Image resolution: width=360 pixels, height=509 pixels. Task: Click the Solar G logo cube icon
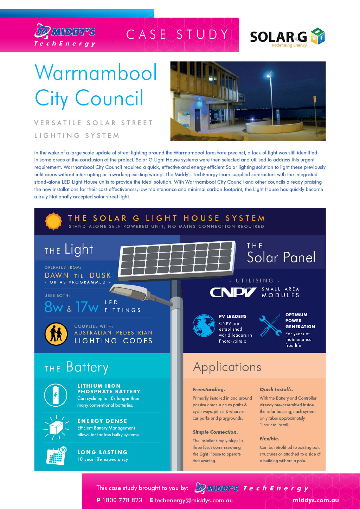[x=317, y=36]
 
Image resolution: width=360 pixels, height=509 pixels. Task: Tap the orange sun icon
[x=53, y=221]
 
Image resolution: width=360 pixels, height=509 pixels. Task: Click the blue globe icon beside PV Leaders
[x=204, y=325]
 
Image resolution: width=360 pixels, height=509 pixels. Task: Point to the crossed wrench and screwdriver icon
[x=270, y=325]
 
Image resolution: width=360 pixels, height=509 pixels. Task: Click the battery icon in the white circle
[x=56, y=395]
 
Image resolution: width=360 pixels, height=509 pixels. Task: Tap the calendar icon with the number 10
[x=56, y=456]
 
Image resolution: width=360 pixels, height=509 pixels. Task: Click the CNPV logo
[x=233, y=292]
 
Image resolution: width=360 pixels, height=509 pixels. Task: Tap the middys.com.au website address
[x=316, y=500]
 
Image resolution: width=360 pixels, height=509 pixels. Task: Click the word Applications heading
[x=227, y=367]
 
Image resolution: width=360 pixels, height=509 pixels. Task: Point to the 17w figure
[x=87, y=307]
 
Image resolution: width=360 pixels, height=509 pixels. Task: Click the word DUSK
[x=100, y=275]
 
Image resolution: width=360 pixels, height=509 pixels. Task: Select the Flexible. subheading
[x=269, y=439]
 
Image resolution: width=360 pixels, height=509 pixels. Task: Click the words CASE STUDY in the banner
[x=178, y=34]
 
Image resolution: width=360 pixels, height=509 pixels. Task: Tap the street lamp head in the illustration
[x=129, y=291]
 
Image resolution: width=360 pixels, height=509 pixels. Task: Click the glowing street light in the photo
[x=269, y=76]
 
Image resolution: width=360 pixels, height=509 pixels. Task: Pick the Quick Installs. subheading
[x=276, y=389]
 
